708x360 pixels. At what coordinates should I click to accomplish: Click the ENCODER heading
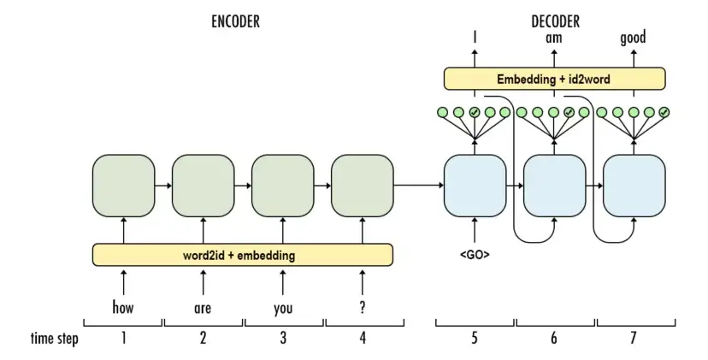pos(235,21)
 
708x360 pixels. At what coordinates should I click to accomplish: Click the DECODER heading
pos(555,21)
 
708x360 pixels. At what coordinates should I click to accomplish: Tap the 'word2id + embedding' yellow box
pos(243,255)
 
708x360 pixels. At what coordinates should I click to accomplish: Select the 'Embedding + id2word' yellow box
pos(554,79)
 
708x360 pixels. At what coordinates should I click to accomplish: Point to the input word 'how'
pos(123,308)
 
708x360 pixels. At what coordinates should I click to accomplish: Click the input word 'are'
pos(203,309)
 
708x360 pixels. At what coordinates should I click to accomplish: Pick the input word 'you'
pos(283,309)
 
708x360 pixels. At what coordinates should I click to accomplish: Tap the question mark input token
pos(363,308)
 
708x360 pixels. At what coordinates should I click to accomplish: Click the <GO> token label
pos(475,255)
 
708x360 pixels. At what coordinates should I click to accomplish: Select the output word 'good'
pos(633,38)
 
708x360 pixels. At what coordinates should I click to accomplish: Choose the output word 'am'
pos(554,38)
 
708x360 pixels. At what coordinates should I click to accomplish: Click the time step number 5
pos(474,338)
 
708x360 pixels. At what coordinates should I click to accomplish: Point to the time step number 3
pos(283,338)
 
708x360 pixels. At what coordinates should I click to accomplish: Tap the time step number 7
pos(633,338)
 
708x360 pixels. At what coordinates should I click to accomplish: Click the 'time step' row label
pos(54,339)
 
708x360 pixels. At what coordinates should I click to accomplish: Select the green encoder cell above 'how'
pos(123,186)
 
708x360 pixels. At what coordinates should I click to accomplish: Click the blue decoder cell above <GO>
pos(475,186)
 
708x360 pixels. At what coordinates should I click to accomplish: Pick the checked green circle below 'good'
pos(664,112)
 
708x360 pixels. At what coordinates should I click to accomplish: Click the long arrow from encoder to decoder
pos(419,186)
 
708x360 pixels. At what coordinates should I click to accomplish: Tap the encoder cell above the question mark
pos(363,186)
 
